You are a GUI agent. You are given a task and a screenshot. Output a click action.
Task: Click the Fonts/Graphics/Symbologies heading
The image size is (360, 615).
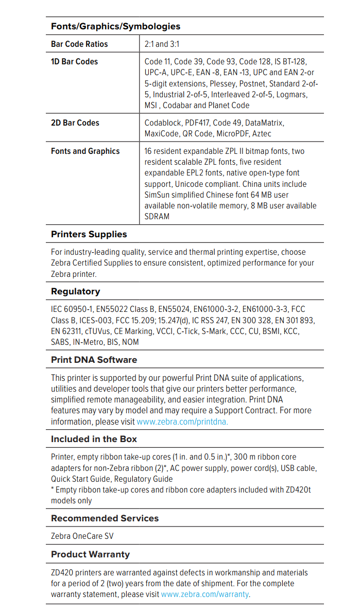tap(115, 26)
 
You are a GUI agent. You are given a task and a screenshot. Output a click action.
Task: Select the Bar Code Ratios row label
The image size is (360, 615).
tap(79, 44)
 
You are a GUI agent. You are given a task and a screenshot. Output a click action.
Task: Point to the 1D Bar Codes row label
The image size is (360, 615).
tap(74, 62)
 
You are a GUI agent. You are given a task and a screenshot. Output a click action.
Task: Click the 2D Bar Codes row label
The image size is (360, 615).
tap(75, 123)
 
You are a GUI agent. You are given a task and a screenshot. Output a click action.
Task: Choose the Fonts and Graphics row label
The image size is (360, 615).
tap(85, 151)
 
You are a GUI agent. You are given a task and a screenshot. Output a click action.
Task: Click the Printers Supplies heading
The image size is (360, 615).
tap(89, 234)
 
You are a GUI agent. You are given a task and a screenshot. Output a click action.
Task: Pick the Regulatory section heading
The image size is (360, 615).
tap(75, 291)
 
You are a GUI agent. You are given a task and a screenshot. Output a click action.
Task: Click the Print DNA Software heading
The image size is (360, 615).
tap(94, 360)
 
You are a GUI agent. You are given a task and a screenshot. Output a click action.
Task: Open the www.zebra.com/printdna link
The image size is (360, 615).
tap(182, 421)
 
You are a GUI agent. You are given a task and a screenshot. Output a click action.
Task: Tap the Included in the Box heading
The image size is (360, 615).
tap(94, 440)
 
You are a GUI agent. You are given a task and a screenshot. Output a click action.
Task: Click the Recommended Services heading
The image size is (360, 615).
tap(105, 518)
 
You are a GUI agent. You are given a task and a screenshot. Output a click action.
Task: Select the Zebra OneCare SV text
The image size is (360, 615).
tap(82, 536)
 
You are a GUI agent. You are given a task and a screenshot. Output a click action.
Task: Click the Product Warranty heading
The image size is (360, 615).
tap(90, 554)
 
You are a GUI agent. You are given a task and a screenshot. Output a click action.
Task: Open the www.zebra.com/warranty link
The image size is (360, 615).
tap(205, 594)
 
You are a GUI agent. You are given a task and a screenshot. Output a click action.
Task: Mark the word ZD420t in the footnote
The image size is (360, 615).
tap(298, 490)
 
